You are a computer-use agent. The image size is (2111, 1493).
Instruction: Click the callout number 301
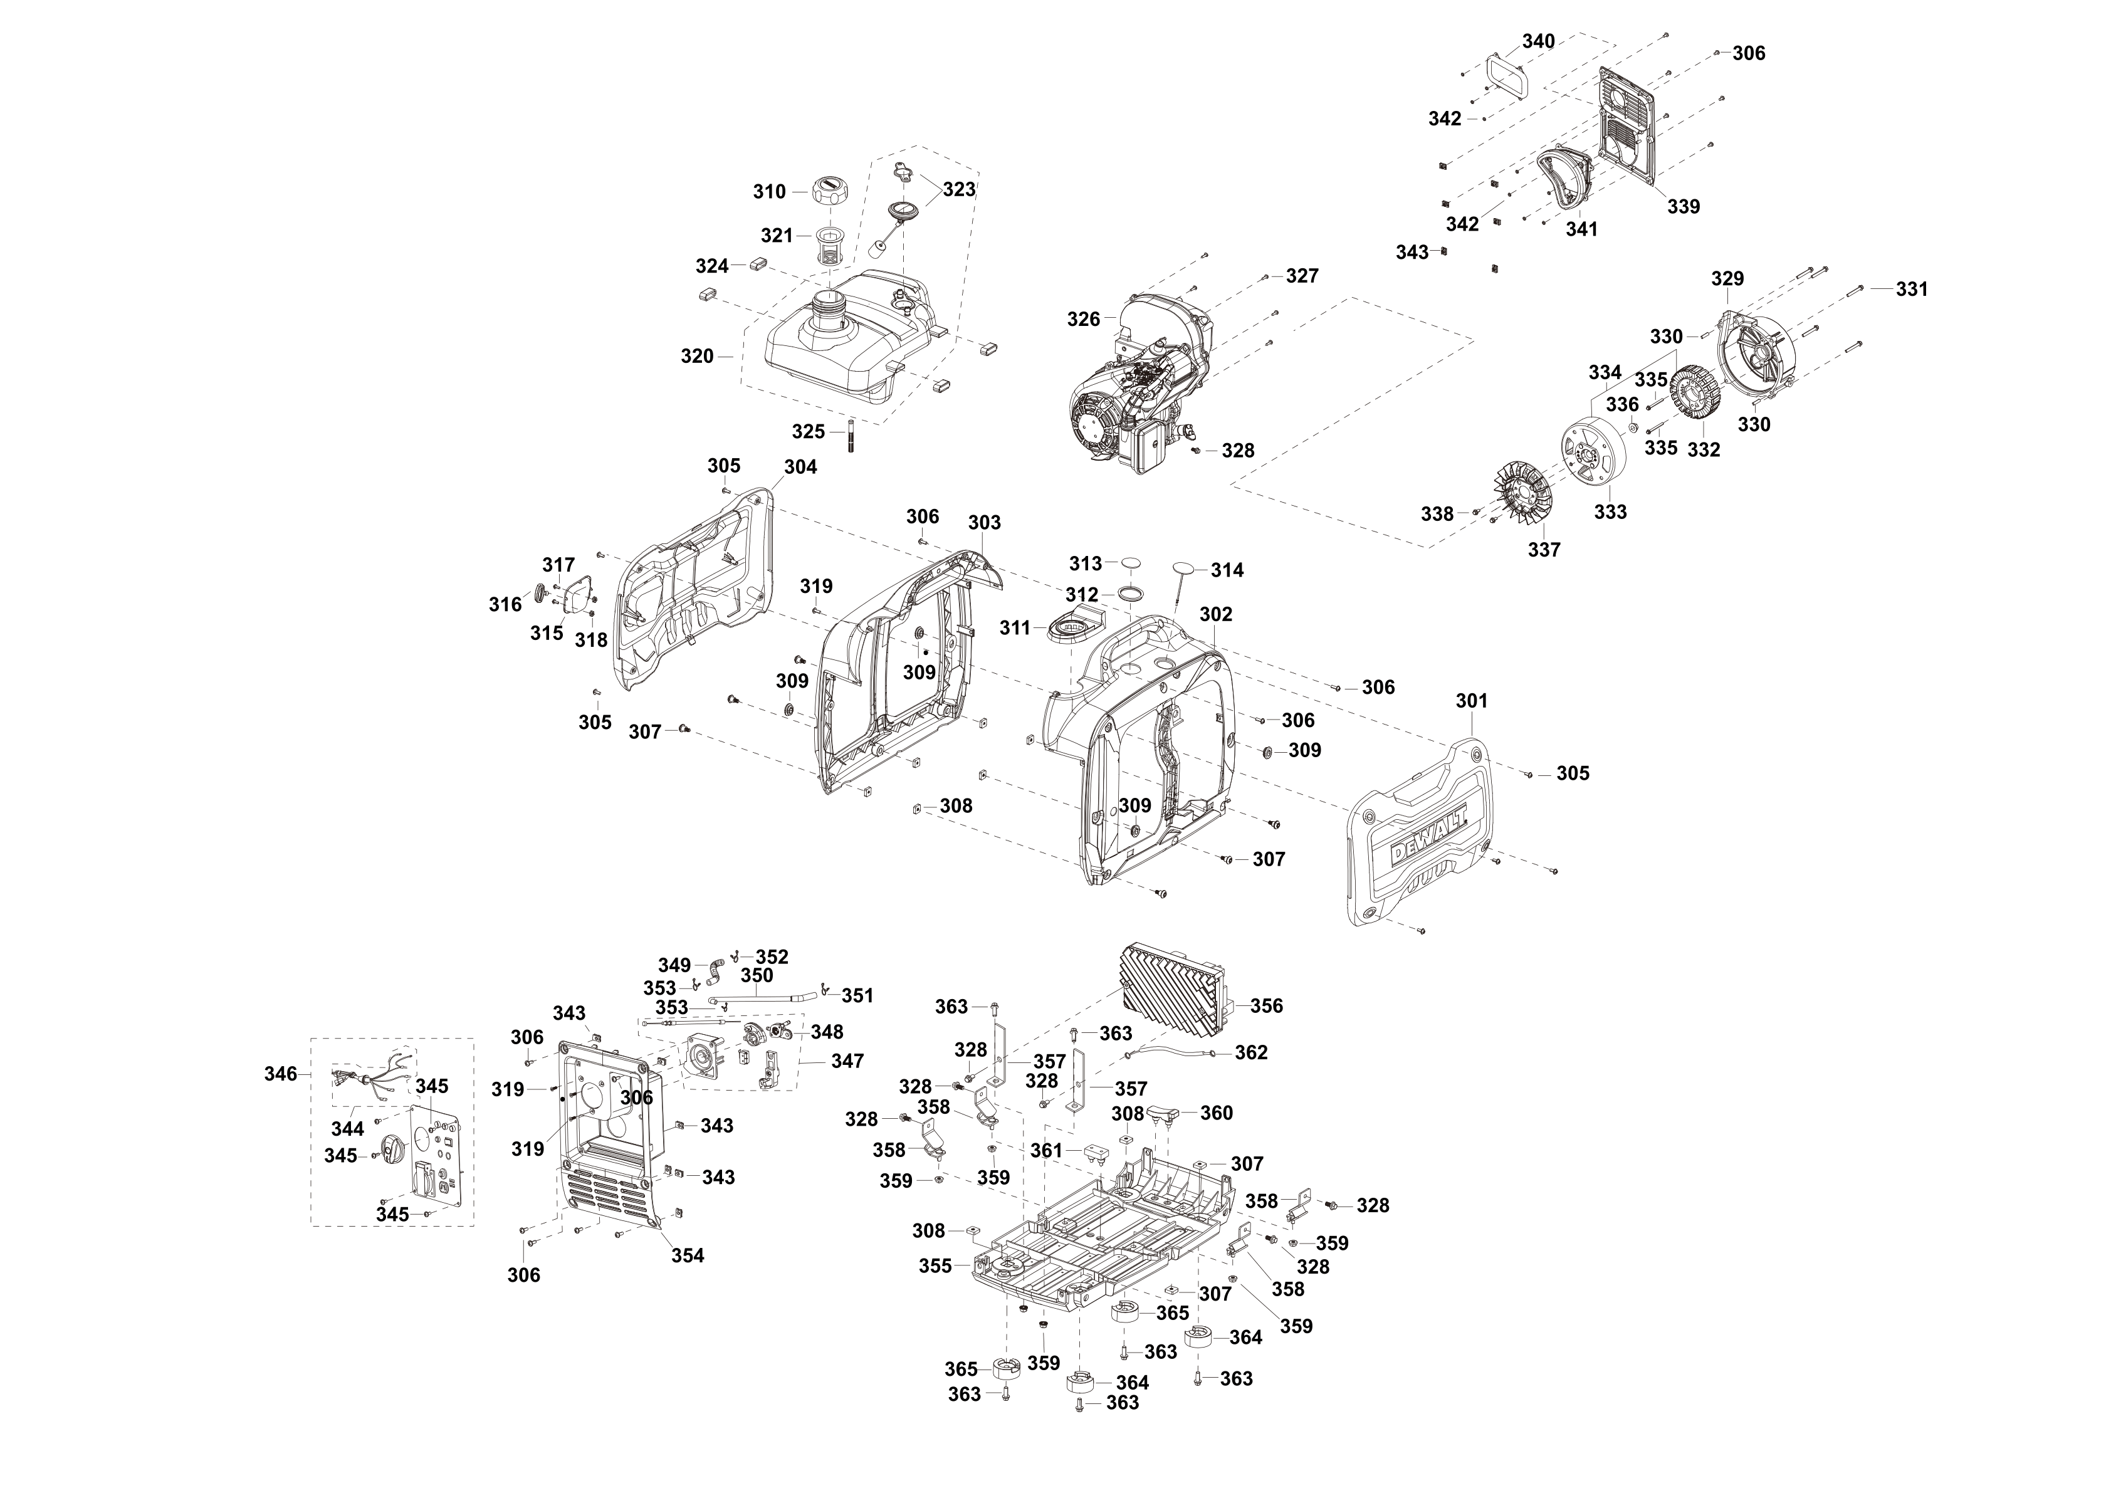pos(1471,701)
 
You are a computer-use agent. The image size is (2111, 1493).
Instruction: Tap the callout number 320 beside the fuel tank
pos(697,357)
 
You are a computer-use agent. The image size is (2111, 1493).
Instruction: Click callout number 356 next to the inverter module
pos(1266,1006)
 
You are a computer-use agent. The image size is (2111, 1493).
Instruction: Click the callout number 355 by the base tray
pos(935,1266)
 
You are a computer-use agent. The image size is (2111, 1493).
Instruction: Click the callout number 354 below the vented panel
pos(687,1256)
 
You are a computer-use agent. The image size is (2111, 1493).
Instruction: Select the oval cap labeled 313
pos(1130,563)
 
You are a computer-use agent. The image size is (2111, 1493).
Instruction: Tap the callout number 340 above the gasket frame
pos(1538,41)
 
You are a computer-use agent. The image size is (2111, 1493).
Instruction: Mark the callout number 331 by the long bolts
pos(1912,290)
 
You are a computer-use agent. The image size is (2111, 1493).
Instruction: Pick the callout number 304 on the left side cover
pos(800,467)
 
